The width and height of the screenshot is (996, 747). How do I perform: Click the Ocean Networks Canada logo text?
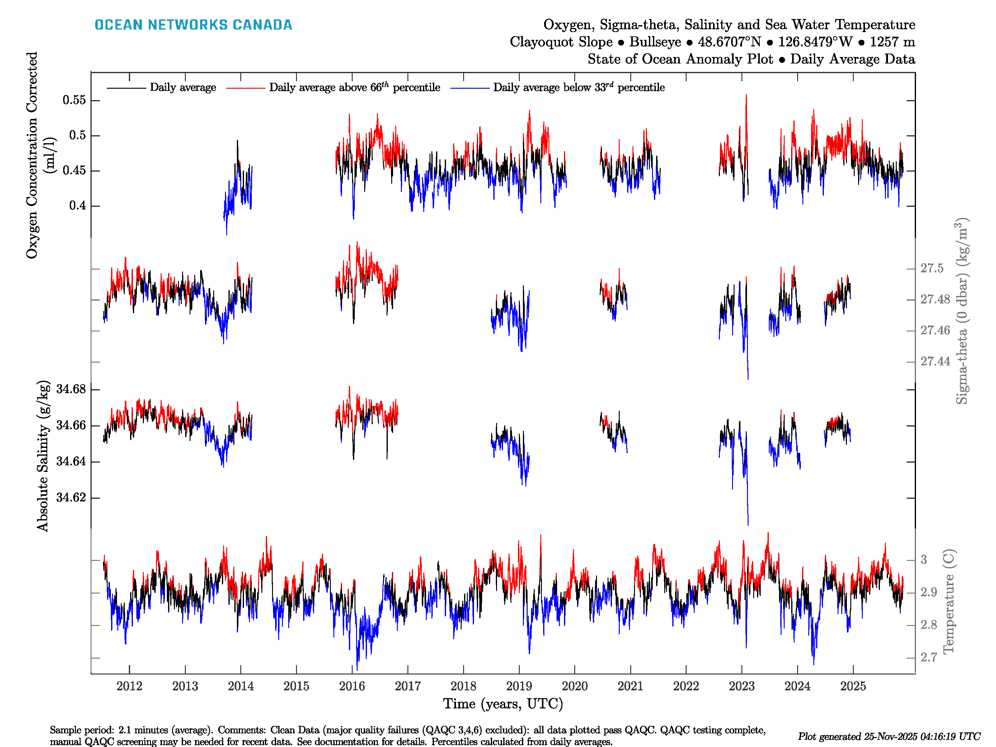193,25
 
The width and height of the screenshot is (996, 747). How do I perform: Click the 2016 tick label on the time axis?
352,686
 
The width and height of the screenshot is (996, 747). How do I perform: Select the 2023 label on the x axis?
742,686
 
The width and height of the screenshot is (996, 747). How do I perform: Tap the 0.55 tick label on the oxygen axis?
74,100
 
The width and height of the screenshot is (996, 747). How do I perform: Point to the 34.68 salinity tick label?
71,389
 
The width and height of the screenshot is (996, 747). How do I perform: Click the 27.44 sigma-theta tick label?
935,362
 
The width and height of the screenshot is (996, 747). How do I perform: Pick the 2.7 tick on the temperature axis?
928,657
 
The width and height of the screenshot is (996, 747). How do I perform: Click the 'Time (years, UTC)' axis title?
503,704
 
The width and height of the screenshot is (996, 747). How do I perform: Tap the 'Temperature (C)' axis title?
948,601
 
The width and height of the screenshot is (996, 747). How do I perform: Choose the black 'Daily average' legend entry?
182,87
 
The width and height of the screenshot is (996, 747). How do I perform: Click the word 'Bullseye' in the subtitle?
655,42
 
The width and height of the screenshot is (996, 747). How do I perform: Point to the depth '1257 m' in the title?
892,42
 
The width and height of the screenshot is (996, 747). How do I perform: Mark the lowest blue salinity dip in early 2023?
748,524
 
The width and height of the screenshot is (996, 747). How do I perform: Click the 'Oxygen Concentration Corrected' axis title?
32,155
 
